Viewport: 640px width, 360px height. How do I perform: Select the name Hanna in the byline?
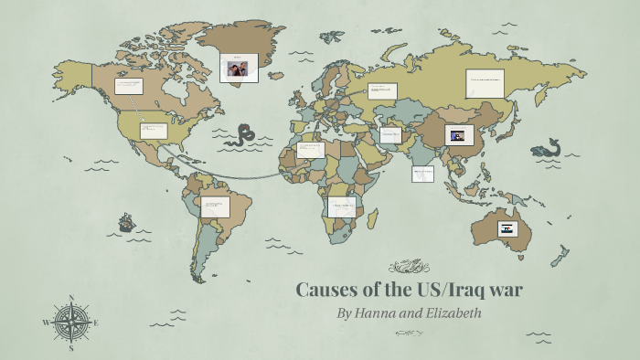(x=376, y=313)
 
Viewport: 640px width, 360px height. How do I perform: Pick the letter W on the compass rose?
(x=46, y=323)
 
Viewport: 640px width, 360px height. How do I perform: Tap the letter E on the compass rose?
(x=96, y=323)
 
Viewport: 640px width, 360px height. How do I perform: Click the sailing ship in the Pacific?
(x=126, y=222)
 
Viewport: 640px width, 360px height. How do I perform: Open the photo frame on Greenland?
(x=238, y=67)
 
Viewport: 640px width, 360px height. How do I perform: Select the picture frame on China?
(x=457, y=135)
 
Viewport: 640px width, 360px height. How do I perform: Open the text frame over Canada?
(x=129, y=87)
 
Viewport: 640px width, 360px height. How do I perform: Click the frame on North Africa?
(x=311, y=150)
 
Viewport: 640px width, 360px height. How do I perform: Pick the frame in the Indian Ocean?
(x=422, y=173)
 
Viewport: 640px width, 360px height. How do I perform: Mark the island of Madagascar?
(x=371, y=217)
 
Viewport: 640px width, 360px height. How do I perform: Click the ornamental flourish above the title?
(x=409, y=267)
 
